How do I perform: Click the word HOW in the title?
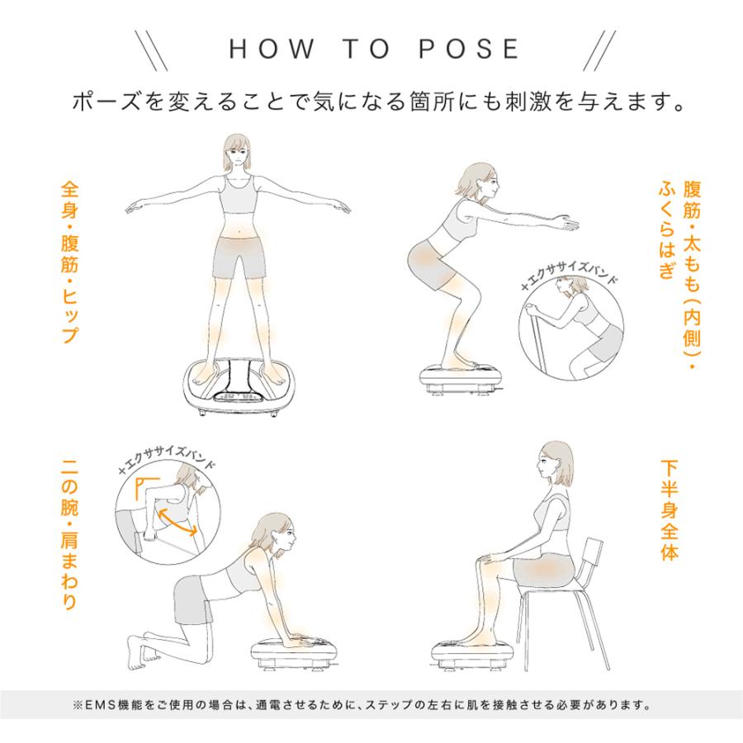[x=272, y=49]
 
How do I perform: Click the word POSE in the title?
[x=469, y=49]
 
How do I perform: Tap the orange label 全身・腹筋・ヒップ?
[x=69, y=263]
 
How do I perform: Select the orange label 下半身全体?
[x=670, y=510]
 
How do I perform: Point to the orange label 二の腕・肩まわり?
[x=69, y=534]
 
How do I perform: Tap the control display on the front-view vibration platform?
[x=236, y=396]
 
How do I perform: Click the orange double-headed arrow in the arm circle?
[x=177, y=521]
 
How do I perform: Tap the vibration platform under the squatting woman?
[x=460, y=377]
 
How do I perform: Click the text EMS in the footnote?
[x=100, y=705]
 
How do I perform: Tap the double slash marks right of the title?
[x=599, y=50]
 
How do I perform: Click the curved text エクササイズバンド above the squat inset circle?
[x=569, y=274]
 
